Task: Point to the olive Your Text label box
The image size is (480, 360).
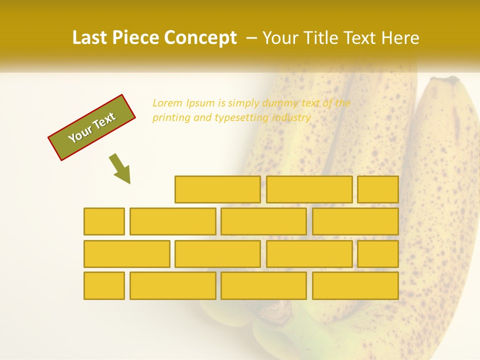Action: [92, 127]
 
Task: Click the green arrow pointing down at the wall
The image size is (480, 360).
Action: [120, 168]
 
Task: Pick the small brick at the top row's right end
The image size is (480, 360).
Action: [378, 189]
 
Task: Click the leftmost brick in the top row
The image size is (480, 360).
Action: [217, 189]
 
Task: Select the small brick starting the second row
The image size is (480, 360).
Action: [104, 221]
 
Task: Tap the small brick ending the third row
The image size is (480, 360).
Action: [378, 254]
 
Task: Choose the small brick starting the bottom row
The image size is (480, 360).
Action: [104, 286]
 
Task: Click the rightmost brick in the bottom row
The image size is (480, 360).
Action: [355, 286]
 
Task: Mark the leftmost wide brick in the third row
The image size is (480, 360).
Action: [126, 254]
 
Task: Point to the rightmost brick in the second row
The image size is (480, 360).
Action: [355, 221]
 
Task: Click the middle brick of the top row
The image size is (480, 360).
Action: [309, 189]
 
